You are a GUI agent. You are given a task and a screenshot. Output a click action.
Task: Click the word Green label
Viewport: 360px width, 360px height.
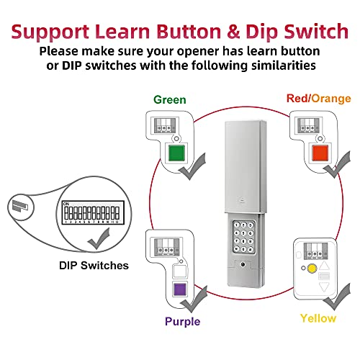point(170,99)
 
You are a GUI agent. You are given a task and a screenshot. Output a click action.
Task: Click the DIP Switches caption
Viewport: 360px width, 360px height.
point(94,265)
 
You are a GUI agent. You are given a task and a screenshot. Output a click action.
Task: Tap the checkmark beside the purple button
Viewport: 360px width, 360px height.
point(197,296)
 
